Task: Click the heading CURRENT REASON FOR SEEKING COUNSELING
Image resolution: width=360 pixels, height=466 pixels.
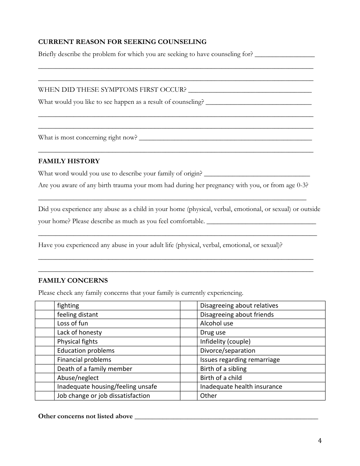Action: pyautogui.click(x=122, y=42)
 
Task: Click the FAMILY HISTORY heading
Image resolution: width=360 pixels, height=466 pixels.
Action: pyautogui.click(x=69, y=161)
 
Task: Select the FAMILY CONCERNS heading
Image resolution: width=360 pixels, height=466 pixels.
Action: pyautogui.click(x=73, y=280)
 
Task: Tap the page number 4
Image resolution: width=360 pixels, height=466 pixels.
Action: pyautogui.click(x=320, y=440)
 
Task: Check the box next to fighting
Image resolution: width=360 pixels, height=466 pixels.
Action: pyautogui.click(x=45, y=305)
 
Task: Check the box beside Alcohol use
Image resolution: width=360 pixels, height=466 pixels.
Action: pyautogui.click(x=188, y=324)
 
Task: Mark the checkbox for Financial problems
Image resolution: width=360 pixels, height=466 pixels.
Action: pyautogui.click(x=45, y=360)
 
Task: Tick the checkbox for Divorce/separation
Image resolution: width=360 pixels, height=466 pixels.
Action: pyautogui.click(x=188, y=350)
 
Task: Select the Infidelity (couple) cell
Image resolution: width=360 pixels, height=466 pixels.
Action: pyautogui.click(x=261, y=341)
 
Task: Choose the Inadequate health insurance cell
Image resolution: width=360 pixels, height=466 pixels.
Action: pyautogui.click(x=261, y=386)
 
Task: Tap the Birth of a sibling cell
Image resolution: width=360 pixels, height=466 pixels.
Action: pyautogui.click(x=261, y=369)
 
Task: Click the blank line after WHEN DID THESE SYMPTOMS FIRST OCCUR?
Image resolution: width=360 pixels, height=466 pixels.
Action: pyautogui.click(x=250, y=91)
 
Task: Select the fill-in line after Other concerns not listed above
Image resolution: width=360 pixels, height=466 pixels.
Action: pyautogui.click(x=226, y=418)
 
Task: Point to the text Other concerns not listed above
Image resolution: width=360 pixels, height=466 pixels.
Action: pyautogui.click(x=86, y=416)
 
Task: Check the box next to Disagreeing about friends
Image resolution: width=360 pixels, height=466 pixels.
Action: pyautogui.click(x=188, y=314)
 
